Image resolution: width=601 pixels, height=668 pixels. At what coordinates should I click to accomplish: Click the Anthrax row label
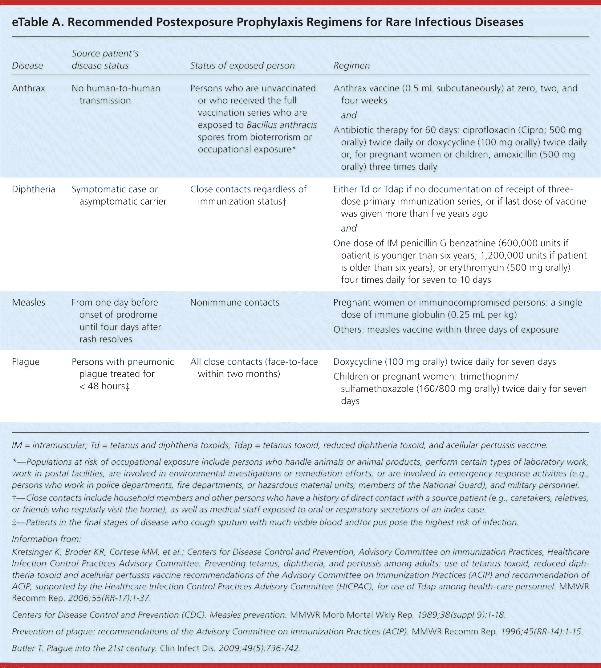click(x=28, y=88)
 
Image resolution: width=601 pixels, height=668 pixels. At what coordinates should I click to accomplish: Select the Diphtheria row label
click(x=33, y=189)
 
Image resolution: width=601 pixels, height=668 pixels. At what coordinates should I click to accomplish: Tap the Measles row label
click(x=28, y=302)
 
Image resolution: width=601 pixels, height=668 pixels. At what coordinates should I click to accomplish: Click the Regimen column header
click(x=351, y=65)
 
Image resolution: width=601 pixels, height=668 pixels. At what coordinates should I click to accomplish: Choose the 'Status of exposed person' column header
click(x=242, y=65)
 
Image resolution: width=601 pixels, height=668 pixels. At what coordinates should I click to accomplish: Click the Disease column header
click(x=27, y=65)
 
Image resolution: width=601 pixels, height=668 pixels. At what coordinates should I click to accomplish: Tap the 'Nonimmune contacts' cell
click(x=234, y=302)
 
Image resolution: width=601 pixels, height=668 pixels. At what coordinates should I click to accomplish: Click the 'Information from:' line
click(x=46, y=539)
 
